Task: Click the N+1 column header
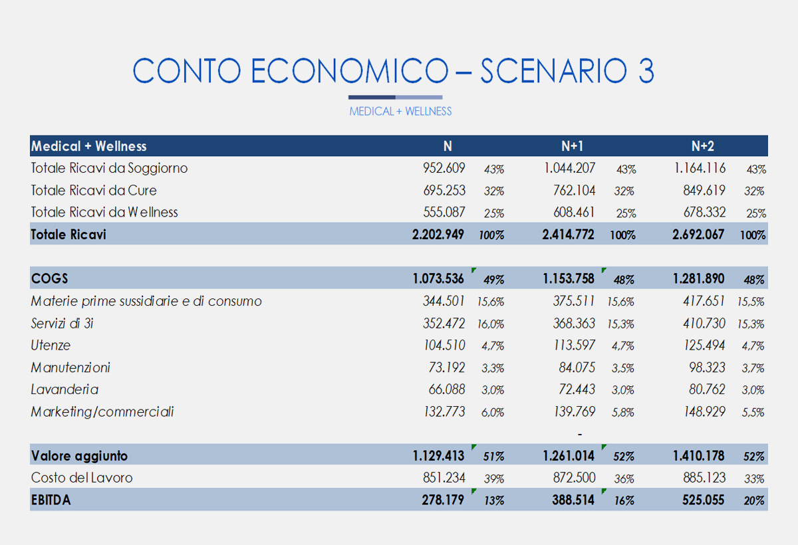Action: pos(572,146)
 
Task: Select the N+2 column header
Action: pos(702,146)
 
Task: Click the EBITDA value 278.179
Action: pos(443,500)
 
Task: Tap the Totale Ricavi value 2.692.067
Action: pos(698,235)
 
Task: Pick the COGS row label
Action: pos(49,278)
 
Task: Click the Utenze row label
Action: pos(51,346)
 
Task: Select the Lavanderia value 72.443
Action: pos(577,389)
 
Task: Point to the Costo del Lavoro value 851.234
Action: pos(444,478)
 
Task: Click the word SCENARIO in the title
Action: pos(553,70)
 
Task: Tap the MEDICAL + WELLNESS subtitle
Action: pos(400,112)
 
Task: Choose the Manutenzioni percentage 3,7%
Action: pos(753,368)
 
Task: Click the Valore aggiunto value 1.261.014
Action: pos(569,456)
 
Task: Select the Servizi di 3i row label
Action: pos(62,323)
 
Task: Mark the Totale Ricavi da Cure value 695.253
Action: pos(444,191)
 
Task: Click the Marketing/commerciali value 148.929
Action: pos(704,412)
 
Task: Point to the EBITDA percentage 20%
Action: pos(754,501)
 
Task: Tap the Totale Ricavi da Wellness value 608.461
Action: pos(574,212)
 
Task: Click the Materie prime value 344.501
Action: pos(444,301)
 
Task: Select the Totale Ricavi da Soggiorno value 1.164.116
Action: pos(700,168)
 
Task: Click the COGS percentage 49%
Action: pos(493,280)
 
